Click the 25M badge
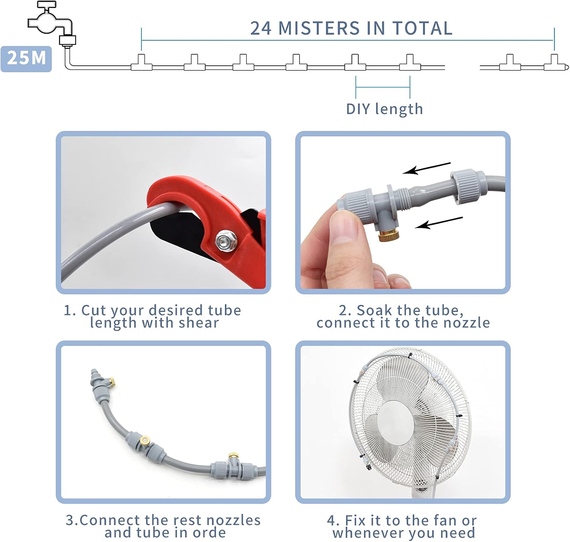tap(26, 59)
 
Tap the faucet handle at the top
tap(46, 4)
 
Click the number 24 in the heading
tap(261, 28)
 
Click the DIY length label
tap(385, 109)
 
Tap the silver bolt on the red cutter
tap(226, 240)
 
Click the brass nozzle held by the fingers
tap(389, 235)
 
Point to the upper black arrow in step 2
tap(427, 168)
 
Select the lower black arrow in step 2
tap(439, 223)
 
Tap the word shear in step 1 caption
tap(199, 323)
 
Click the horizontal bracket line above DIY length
tap(383, 87)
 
